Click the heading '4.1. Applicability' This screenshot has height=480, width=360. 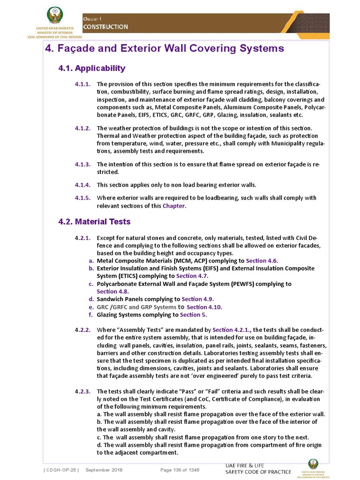tap(91, 68)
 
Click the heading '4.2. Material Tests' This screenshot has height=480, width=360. tap(94, 221)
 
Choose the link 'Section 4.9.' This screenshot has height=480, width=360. tap(198, 299)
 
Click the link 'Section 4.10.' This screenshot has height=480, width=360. tap(204, 307)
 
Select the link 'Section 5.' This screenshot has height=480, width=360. tap(193, 315)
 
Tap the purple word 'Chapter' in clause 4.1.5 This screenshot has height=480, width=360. tap(174, 206)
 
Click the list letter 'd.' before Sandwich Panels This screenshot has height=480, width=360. tap(91, 299)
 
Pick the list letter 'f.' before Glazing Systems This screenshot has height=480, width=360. tap(92, 315)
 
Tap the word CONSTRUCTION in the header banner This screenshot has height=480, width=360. tap(105, 27)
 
